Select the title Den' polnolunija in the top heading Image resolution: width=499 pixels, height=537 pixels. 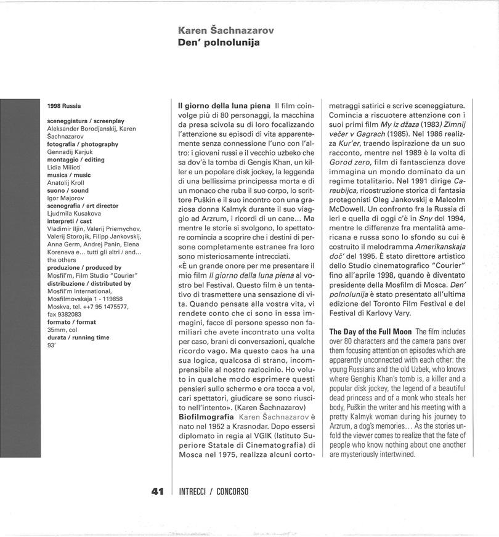[218, 42]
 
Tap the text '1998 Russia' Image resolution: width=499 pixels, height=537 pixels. [64, 106]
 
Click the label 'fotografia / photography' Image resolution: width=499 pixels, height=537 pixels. [83, 144]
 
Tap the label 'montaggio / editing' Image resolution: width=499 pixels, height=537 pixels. [76, 159]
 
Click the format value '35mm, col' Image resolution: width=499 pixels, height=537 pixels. [62, 329]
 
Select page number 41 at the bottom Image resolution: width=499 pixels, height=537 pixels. [157, 491]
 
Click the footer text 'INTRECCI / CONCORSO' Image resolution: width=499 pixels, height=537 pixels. [213, 491]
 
